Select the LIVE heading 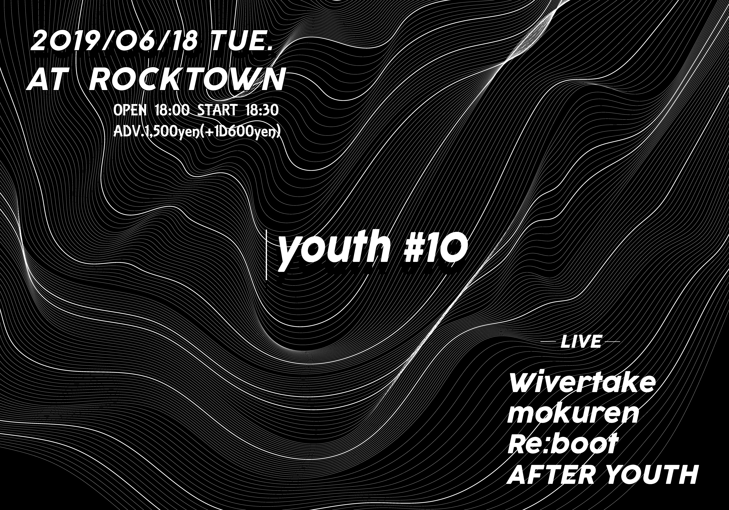tap(581, 342)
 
